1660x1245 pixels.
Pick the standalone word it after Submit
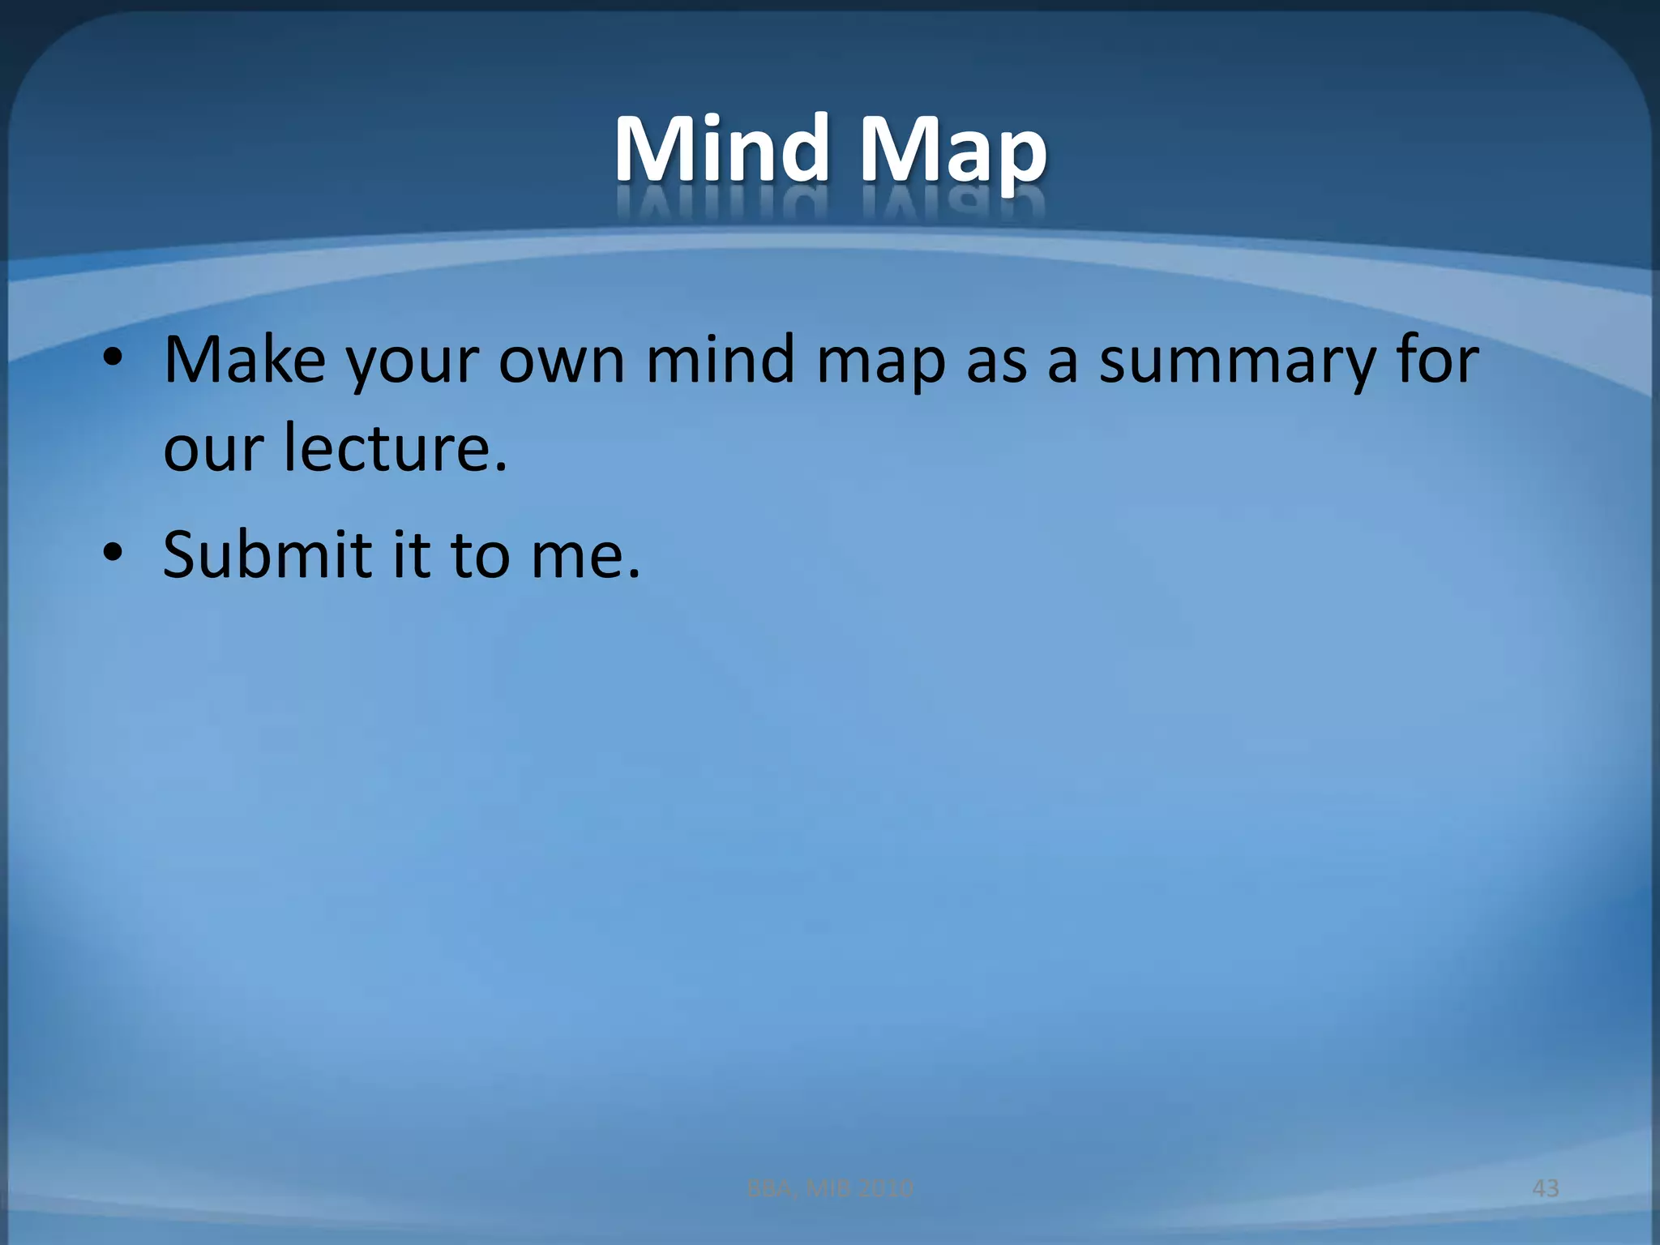coord(411,554)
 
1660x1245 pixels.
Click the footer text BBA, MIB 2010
coord(830,1188)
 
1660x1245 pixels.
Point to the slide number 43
coord(1546,1188)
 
